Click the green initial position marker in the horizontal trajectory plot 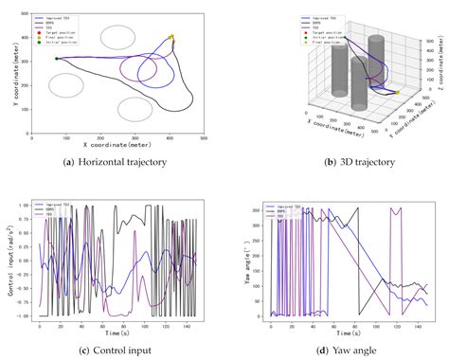(57, 59)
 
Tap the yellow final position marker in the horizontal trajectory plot (171, 38)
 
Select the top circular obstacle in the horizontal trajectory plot (117, 37)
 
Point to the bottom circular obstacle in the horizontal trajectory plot (135, 109)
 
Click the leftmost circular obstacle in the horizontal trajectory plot (66, 84)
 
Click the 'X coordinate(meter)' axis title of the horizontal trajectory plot (117, 145)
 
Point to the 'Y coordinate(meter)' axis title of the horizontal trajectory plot (9, 71)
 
